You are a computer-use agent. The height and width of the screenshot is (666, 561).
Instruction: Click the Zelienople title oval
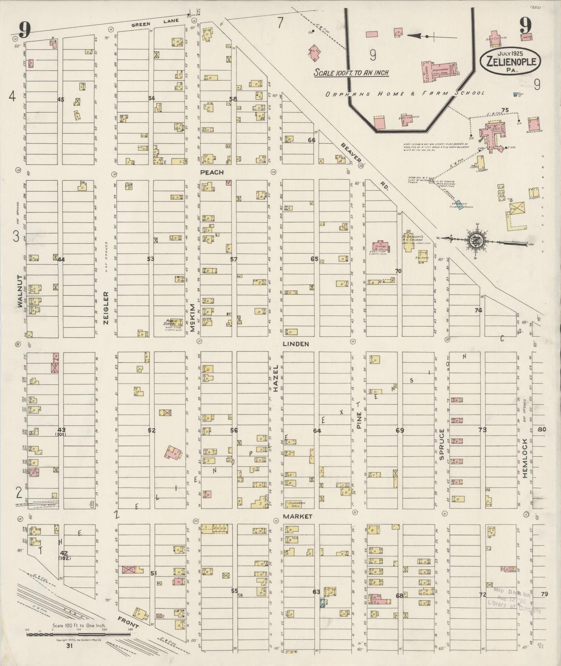coord(510,61)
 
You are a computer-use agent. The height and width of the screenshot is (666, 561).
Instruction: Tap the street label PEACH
coord(212,172)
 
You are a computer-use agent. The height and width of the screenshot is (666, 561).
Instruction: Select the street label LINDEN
coord(295,344)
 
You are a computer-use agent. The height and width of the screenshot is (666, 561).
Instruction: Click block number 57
coord(233,259)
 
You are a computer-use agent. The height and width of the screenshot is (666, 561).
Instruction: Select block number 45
coord(61,99)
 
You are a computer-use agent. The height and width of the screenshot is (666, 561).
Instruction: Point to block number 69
coord(399,430)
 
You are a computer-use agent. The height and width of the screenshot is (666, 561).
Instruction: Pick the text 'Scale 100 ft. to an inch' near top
coord(351,73)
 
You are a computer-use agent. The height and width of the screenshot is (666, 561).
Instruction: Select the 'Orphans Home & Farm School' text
coord(405,93)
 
